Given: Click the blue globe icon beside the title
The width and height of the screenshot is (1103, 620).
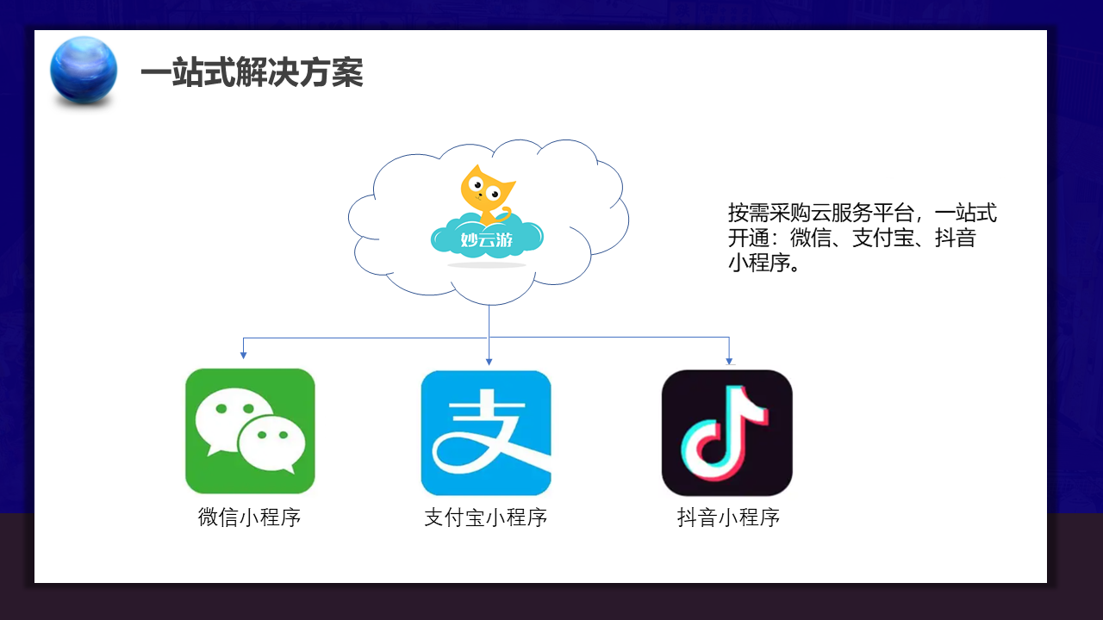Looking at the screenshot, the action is (84, 70).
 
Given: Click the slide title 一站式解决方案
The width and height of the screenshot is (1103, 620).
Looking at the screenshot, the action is (252, 72).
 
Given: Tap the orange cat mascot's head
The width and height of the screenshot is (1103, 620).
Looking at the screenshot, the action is (487, 189).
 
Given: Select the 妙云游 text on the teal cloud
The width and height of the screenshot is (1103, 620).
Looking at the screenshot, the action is (487, 239).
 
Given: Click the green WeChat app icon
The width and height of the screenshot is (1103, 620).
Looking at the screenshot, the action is (250, 431).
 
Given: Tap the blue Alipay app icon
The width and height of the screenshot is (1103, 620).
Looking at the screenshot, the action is (486, 433).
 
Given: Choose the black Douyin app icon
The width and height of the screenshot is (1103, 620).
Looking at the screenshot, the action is (727, 433).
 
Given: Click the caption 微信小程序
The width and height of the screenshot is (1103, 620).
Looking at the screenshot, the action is (249, 518).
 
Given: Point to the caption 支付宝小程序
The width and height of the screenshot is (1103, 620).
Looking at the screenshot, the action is (485, 518).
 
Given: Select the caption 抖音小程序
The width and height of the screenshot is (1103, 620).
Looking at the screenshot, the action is (728, 518).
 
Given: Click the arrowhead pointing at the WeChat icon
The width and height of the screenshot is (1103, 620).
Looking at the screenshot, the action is (243, 355).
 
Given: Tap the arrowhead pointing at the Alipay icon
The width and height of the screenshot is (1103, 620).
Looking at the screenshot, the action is (489, 362).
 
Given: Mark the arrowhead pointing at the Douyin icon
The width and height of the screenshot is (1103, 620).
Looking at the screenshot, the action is (729, 361).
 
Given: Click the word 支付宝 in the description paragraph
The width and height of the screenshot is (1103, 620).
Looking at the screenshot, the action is (883, 239).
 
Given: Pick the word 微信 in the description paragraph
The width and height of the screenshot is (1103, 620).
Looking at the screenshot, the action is (811, 239).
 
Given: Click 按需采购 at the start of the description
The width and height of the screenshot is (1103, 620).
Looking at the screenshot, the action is (770, 213).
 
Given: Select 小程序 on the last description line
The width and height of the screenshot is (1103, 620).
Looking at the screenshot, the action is (759, 263).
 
